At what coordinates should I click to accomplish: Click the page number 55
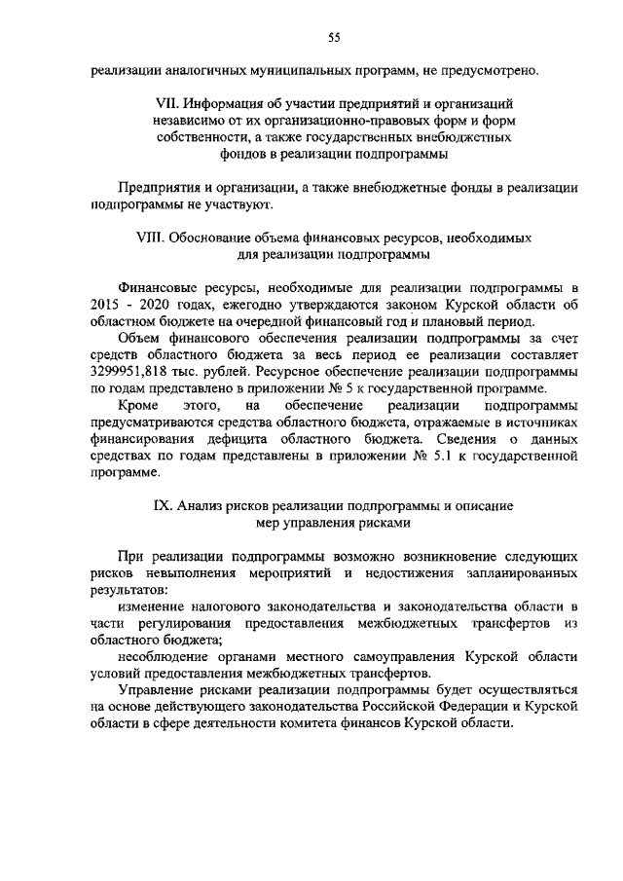333,37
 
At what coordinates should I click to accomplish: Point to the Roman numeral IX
165,507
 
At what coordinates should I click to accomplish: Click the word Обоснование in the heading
218,237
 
